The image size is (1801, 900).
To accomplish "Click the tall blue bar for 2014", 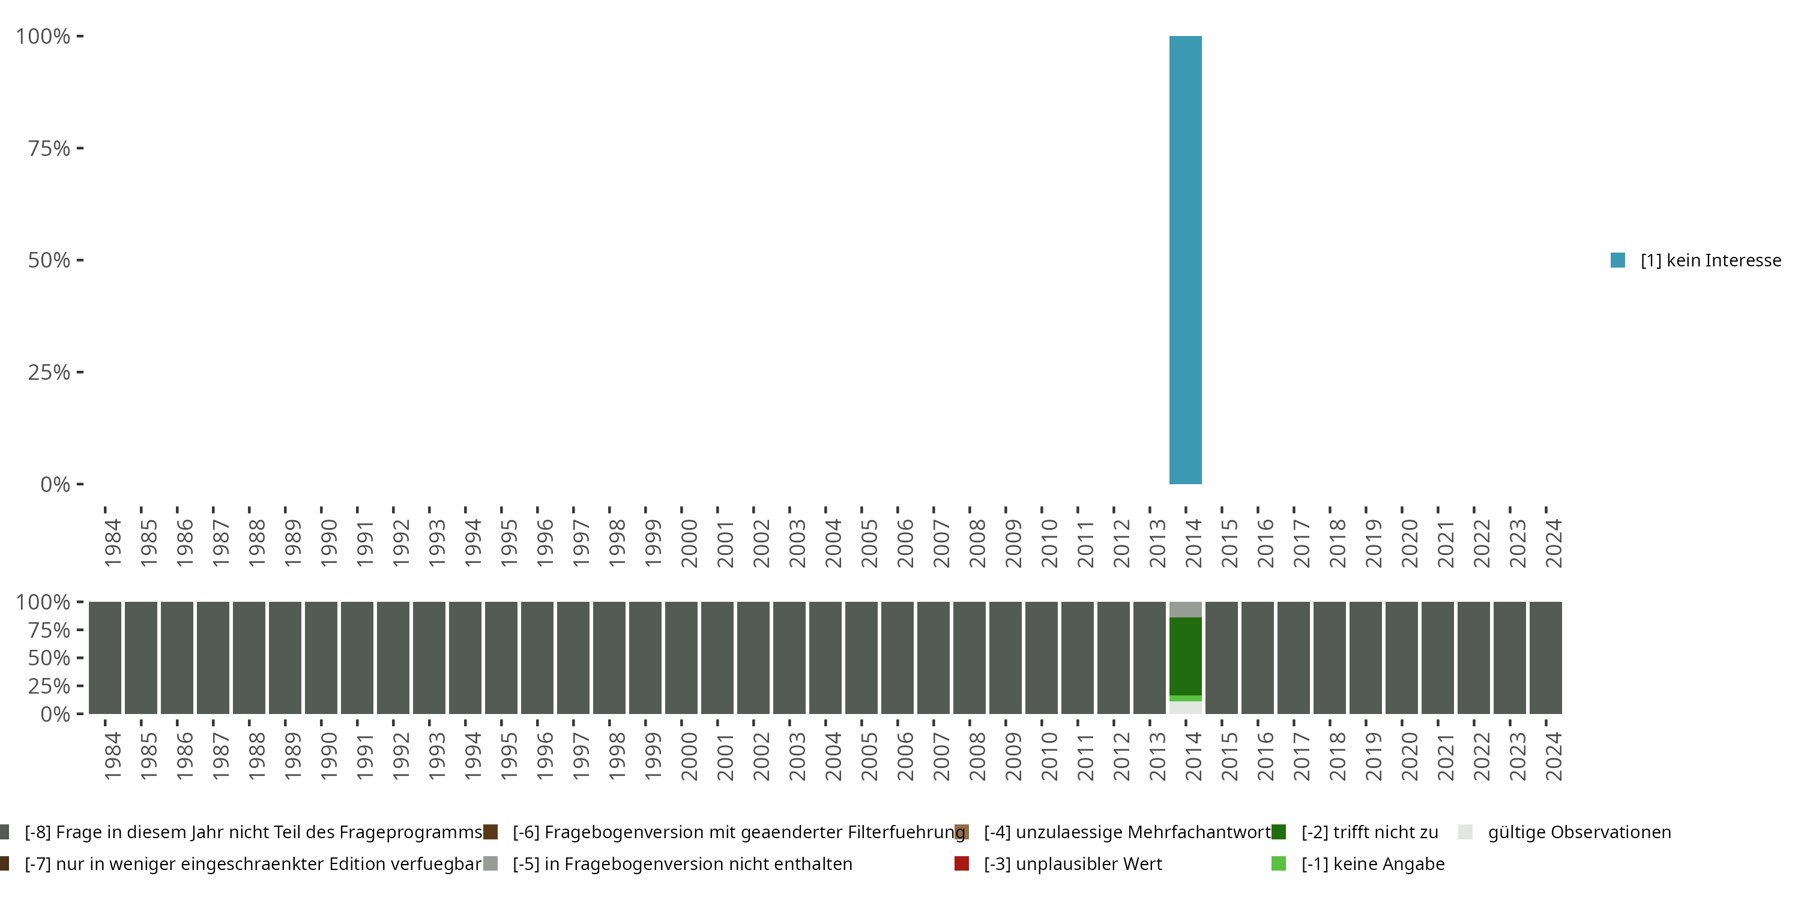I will coord(1185,260).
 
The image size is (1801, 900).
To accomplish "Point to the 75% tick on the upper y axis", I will coord(80,148).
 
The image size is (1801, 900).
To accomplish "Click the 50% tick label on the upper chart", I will coord(49,260).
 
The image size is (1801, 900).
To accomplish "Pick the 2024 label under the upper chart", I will coord(1553,543).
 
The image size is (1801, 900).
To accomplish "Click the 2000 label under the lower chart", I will coord(689,756).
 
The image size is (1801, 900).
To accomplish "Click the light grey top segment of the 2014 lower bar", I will coord(1185,610).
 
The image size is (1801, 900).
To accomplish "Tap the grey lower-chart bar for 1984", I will coord(105,658).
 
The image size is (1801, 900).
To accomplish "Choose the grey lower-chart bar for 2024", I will coord(1545,658).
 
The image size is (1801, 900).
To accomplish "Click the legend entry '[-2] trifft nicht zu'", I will coord(1369,832).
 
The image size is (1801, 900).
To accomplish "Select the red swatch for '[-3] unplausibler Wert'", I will coord(961,863).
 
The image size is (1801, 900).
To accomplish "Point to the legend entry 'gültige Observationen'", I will coord(1579,832).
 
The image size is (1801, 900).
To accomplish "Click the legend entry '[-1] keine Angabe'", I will coord(1372,863).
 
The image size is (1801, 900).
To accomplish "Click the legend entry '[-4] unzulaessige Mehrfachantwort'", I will coord(1126,832).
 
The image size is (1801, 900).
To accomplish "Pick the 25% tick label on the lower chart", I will coord(49,685).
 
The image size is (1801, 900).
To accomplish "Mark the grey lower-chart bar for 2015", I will coord(1222,658).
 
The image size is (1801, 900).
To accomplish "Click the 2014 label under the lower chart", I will coord(1193,756).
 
